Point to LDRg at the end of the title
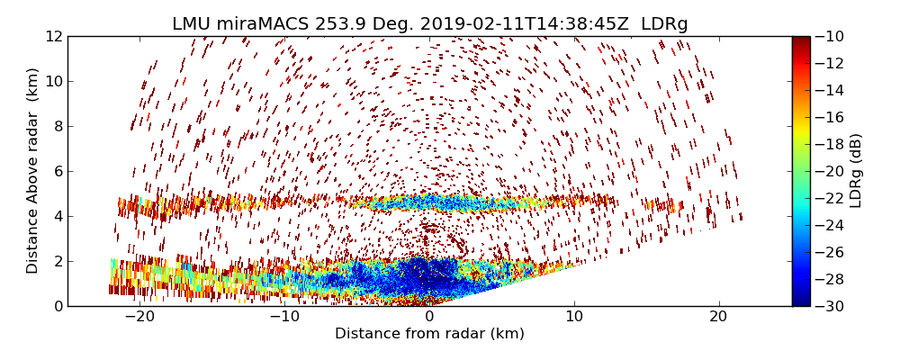[664, 24]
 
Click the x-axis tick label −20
[139, 317]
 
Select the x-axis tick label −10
[284, 317]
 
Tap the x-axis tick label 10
[574, 317]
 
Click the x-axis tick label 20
[718, 317]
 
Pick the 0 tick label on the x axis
[429, 317]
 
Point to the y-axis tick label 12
[53, 36]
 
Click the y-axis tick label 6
[57, 171]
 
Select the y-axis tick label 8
[57, 126]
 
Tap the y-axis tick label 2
[57, 261]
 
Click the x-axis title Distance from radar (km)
[429, 334]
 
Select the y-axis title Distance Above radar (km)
[33, 171]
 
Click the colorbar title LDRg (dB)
[856, 171]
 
